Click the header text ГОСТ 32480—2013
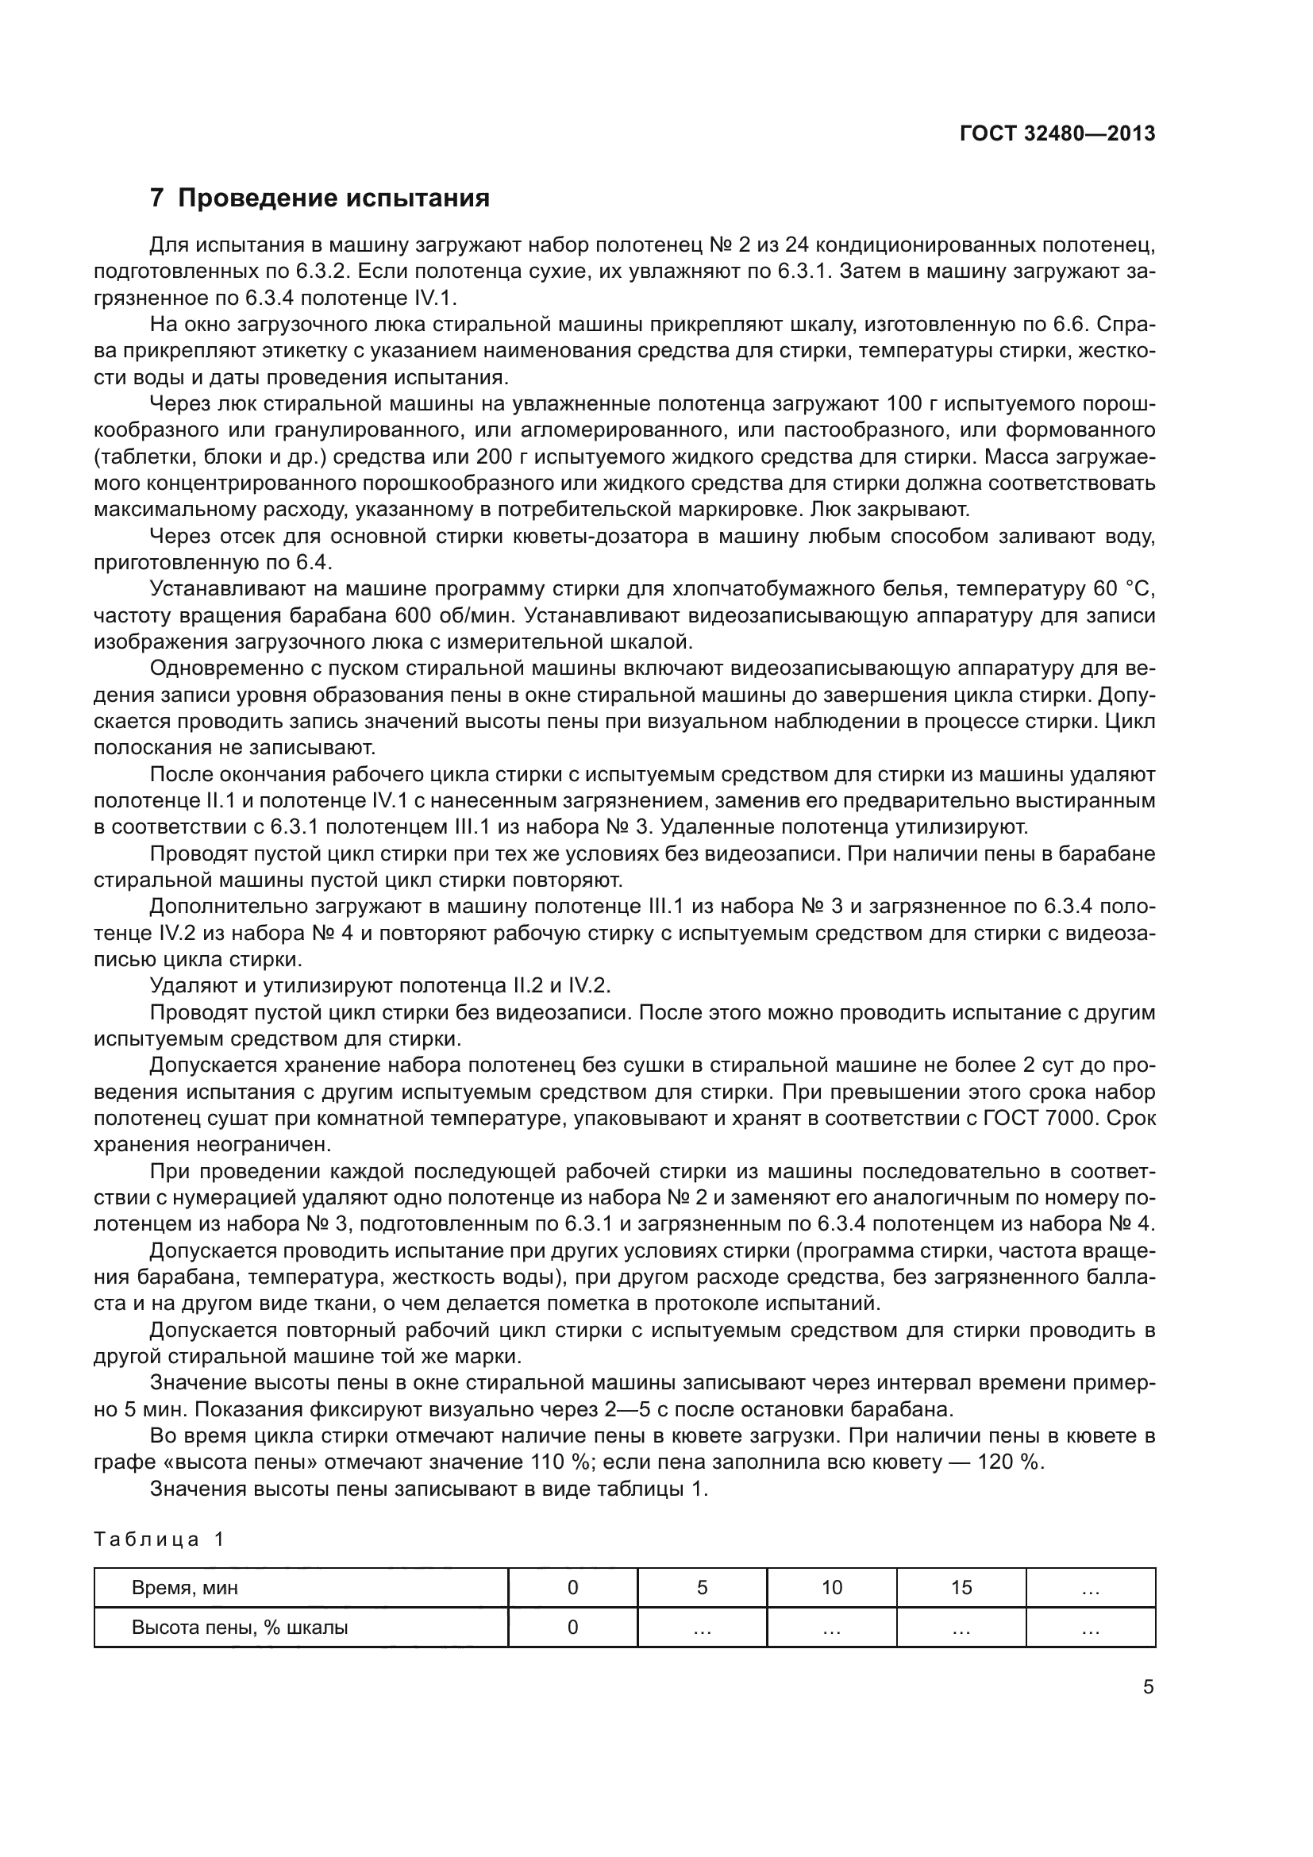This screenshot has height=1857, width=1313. pyautogui.click(x=1057, y=134)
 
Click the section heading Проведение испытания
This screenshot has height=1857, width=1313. pyautogui.click(x=333, y=198)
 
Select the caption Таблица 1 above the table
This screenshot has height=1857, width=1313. pyautogui.click(x=159, y=1539)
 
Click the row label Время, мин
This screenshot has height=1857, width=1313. pyautogui.click(x=184, y=1588)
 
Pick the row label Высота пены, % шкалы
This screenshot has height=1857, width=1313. pyautogui.click(x=239, y=1628)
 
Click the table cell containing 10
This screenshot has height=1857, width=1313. pyautogui.click(x=831, y=1588)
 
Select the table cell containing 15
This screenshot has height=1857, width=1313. pyautogui.click(x=961, y=1588)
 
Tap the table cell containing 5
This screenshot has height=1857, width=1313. pyautogui.click(x=702, y=1588)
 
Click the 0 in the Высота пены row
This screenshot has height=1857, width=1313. pyautogui.click(x=572, y=1628)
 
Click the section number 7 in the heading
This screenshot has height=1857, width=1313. pyautogui.click(x=158, y=198)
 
